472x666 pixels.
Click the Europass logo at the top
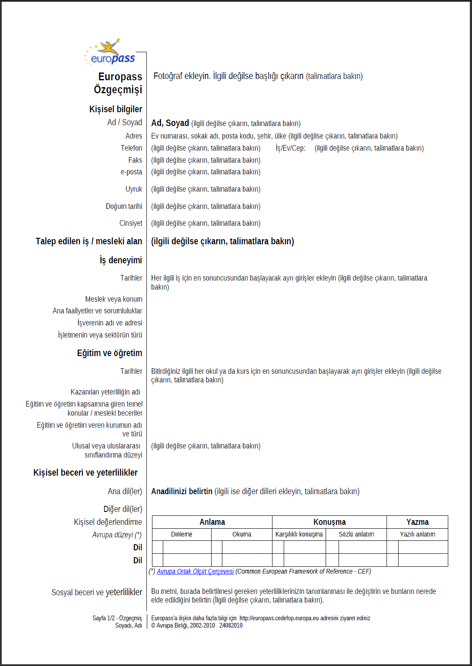tap(111, 53)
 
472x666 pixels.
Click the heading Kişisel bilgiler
tap(115, 109)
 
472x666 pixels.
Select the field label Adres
tap(133, 136)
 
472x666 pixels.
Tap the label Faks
tap(135, 160)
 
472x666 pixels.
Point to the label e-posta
tap(131, 172)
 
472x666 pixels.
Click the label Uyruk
tap(133, 189)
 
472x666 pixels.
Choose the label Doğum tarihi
tap(124, 206)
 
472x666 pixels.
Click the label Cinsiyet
tap(130, 223)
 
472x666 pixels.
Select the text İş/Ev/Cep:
tap(290, 148)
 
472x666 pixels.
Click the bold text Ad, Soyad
tap(170, 123)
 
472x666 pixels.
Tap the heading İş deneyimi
tap(120, 260)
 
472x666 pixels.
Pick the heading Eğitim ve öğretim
tap(109, 353)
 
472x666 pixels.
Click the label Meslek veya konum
tap(114, 299)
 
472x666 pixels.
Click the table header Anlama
tap(212, 522)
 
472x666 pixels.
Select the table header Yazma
tap(417, 522)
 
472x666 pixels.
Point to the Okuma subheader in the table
tap(241, 534)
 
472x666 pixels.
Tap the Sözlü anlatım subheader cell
tap(356, 534)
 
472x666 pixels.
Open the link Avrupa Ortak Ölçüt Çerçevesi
tap(195, 571)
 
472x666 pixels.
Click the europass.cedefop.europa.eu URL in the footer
tap(279, 618)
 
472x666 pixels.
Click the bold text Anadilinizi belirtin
tap(181, 491)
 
